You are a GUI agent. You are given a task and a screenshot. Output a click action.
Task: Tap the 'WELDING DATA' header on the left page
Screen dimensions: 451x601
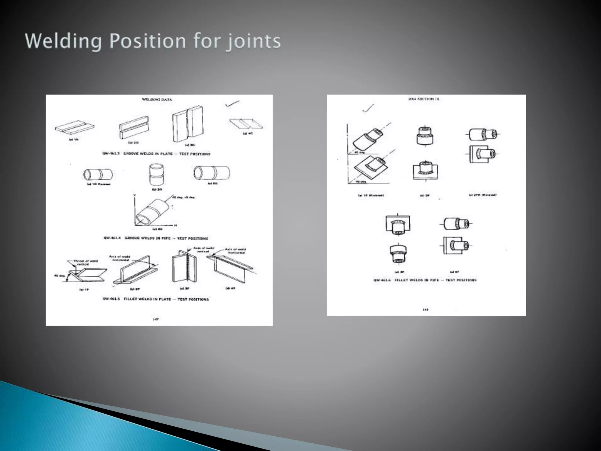[157, 100]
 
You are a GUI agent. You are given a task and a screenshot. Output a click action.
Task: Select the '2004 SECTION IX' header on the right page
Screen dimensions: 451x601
[424, 99]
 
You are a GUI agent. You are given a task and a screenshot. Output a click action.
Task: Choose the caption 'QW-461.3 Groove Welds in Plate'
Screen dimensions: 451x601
[156, 154]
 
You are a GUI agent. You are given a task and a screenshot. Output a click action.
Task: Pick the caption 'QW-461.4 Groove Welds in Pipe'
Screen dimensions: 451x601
[156, 238]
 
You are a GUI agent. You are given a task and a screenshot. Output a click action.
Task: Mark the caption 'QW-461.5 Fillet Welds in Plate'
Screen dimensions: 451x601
[156, 299]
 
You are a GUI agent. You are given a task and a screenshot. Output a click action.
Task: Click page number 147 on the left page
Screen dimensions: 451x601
[156, 319]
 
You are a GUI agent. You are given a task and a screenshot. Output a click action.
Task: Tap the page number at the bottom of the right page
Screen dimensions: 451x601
[426, 309]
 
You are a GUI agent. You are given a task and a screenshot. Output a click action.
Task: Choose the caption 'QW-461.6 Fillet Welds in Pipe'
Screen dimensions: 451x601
[425, 280]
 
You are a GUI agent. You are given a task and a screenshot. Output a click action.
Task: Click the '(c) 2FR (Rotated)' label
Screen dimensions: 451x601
[482, 195]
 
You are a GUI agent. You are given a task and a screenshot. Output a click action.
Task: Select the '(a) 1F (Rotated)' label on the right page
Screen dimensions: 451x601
[371, 195]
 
